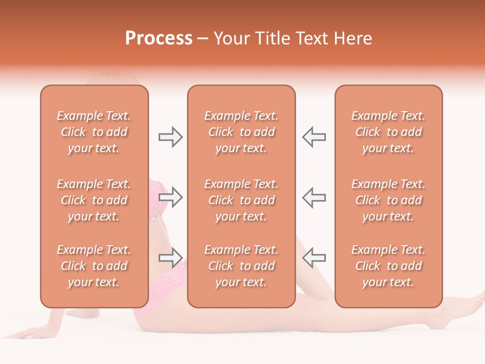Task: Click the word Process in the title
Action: (x=159, y=38)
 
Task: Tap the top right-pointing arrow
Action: (x=171, y=136)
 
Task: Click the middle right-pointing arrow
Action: (x=171, y=197)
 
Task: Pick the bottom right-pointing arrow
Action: (x=171, y=258)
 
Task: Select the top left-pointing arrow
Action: (x=314, y=136)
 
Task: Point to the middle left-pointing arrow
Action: (x=314, y=197)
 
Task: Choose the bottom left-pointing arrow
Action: (x=314, y=258)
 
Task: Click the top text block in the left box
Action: (x=94, y=132)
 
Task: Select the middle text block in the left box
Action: (x=94, y=200)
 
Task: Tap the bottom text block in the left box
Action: (x=94, y=266)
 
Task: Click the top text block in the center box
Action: (x=241, y=132)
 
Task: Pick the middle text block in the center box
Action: (x=241, y=200)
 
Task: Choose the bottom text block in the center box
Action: (x=241, y=266)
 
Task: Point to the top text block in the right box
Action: (x=389, y=132)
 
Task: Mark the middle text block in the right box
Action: (x=389, y=200)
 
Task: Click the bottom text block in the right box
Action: (x=389, y=266)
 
